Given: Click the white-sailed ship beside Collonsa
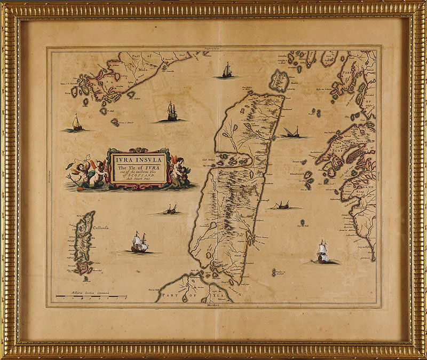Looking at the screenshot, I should [x=139, y=243].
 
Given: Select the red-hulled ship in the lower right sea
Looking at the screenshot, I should [x=322, y=253].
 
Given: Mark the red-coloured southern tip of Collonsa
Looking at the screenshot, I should [x=83, y=265].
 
